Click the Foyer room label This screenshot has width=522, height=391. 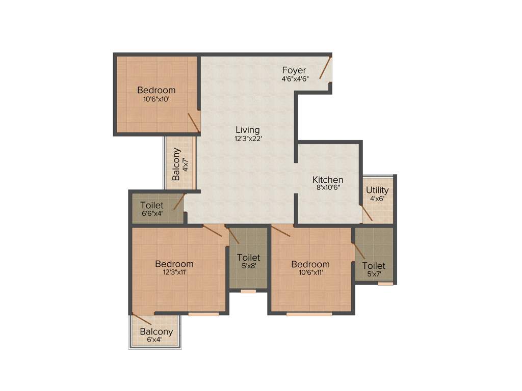295,70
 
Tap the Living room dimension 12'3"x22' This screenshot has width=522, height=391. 248,139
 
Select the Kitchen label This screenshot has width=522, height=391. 328,180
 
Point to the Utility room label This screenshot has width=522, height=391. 377,190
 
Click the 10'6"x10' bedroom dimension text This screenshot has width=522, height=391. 156,99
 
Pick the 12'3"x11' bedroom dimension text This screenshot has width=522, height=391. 174,272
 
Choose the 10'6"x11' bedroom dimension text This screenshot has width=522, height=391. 310,272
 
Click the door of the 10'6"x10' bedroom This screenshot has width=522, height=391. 193,122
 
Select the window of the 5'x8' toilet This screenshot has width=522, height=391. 248,291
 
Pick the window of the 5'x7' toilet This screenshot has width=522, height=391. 385,284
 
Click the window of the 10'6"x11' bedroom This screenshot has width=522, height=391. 309,314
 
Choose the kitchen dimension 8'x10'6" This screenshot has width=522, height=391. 328,187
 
